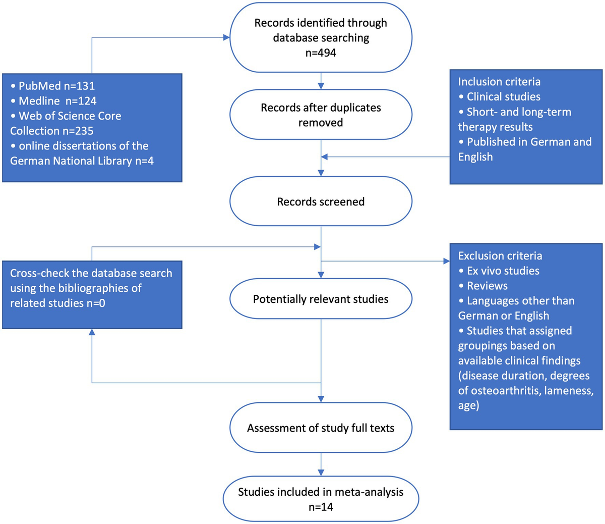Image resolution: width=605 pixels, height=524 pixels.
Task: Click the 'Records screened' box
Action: [x=321, y=201]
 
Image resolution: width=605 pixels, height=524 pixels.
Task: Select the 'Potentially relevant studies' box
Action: [x=321, y=299]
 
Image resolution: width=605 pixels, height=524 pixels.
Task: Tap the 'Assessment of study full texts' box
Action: [x=321, y=428]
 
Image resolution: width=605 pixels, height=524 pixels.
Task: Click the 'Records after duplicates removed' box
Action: [x=321, y=115]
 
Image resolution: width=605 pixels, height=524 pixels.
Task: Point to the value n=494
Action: [x=321, y=53]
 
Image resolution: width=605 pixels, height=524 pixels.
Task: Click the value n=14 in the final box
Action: [x=321, y=506]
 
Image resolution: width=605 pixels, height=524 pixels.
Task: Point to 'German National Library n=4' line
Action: [x=82, y=161]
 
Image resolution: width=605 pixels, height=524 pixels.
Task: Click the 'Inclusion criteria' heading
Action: [x=499, y=82]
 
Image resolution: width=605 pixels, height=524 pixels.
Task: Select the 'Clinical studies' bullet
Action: [x=503, y=97]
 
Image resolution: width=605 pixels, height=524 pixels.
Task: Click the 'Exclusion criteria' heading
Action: [x=500, y=256]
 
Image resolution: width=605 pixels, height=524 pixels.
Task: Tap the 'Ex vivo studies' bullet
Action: [x=503, y=271]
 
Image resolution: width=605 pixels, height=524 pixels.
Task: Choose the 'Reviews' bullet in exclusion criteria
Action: [x=487, y=286]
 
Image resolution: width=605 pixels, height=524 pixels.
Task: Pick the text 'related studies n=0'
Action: [x=57, y=303]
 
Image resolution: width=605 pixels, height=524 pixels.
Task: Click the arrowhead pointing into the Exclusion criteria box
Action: [x=446, y=261]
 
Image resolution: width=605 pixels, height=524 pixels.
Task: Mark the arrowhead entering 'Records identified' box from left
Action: [x=226, y=37]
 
